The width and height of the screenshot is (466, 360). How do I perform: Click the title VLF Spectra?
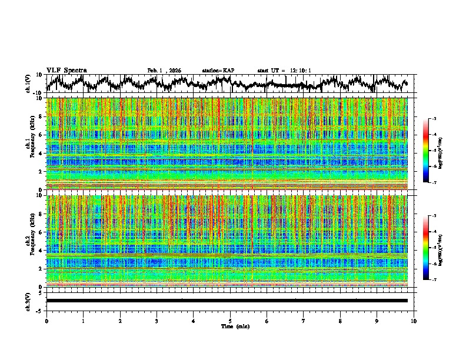pos(66,71)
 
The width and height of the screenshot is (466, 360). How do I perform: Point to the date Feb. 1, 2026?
pos(164,71)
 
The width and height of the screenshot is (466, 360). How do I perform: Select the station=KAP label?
pos(218,71)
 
